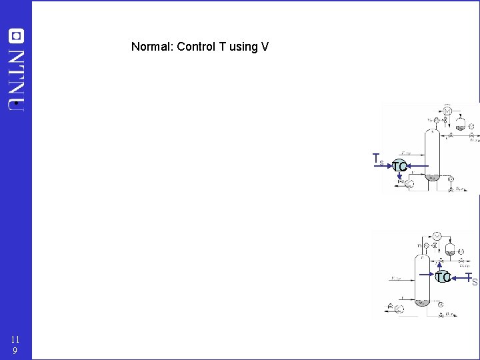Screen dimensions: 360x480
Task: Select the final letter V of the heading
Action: pyautogui.click(x=265, y=47)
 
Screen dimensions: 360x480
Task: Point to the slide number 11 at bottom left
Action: pyautogui.click(x=15, y=339)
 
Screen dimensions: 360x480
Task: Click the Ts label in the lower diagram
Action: pyautogui.click(x=472, y=279)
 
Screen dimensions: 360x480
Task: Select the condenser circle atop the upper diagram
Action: pyautogui.click(x=447, y=110)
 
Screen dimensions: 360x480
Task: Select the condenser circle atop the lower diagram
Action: pyautogui.click(x=437, y=236)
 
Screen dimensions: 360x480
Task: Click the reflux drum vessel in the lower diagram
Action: pyautogui.click(x=451, y=249)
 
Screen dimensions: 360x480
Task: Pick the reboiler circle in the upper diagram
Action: pyautogui.click(x=409, y=184)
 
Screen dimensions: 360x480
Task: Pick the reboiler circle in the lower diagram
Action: pyautogui.click(x=399, y=309)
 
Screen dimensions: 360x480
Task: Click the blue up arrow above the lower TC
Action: pyautogui.click(x=439, y=265)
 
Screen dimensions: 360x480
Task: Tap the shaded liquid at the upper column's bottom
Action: pyautogui.click(x=431, y=177)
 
